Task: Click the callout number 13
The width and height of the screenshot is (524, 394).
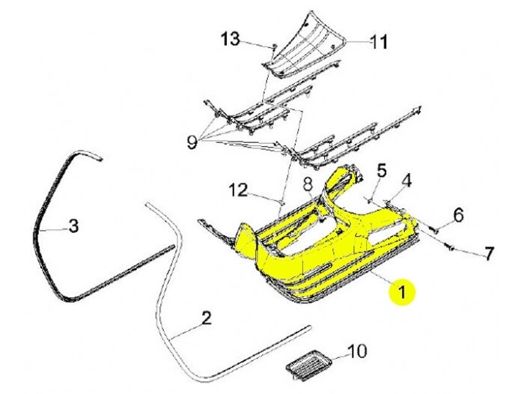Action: click(231, 38)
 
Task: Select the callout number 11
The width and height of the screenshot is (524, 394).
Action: click(380, 43)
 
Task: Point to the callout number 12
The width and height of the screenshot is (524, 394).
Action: click(238, 190)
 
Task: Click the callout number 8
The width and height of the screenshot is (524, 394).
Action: click(307, 184)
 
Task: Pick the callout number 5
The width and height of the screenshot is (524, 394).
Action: click(381, 171)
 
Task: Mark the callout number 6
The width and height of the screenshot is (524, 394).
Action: click(458, 216)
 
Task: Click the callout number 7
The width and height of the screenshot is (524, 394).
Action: click(488, 254)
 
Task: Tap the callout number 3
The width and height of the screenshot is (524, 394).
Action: click(73, 225)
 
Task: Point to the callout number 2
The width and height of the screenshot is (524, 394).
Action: click(207, 320)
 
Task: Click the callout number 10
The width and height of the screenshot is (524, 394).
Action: click(357, 351)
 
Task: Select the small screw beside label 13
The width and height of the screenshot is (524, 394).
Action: click(274, 48)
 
